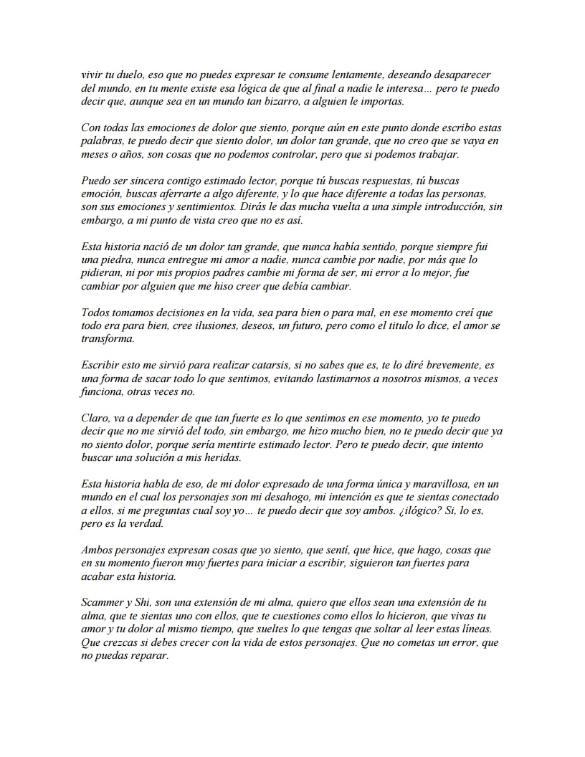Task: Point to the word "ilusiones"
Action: coord(207,326)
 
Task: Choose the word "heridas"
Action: coord(222,459)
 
